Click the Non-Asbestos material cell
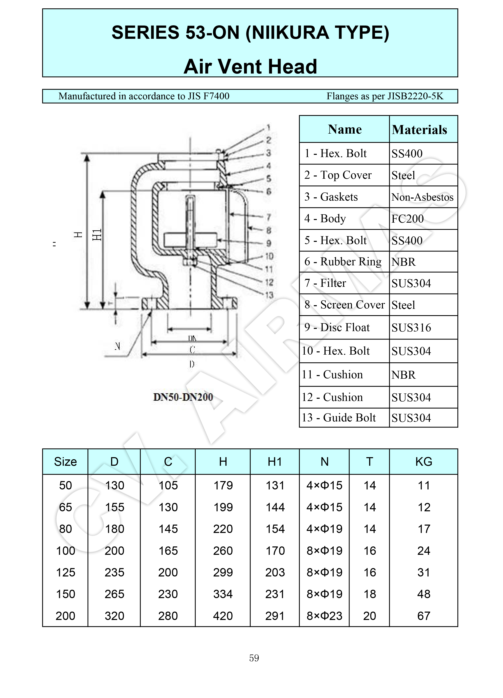tap(422, 197)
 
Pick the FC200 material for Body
tap(408, 219)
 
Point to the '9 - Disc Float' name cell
tap(337, 327)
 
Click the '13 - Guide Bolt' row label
tap(339, 418)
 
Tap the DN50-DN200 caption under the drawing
tap(183, 397)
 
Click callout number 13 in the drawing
tap(269, 295)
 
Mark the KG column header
tap(423, 462)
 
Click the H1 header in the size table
tap(275, 462)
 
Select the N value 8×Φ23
tap(324, 616)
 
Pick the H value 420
tap(223, 616)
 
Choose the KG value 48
tap(423, 594)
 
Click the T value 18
tap(369, 594)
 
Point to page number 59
tap(254, 658)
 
